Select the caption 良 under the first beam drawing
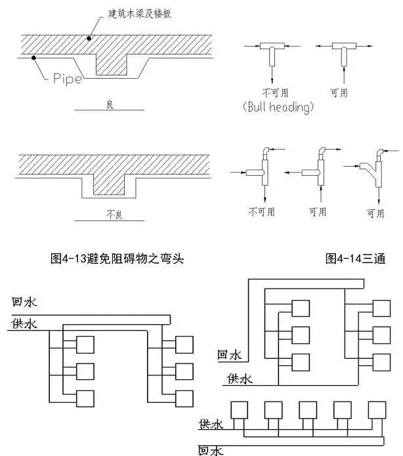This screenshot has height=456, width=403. pos(110,104)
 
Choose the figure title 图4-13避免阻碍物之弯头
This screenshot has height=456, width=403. pos(117,259)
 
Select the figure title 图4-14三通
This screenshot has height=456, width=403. pos(355,259)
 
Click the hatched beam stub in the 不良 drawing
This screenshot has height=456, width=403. pos(109,183)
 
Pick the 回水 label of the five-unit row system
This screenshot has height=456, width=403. pos(211,449)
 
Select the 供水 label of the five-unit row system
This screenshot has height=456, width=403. pos(211,425)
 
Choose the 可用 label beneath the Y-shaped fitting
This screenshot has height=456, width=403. pos(375,213)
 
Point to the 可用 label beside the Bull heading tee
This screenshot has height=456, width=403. pos(339,93)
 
